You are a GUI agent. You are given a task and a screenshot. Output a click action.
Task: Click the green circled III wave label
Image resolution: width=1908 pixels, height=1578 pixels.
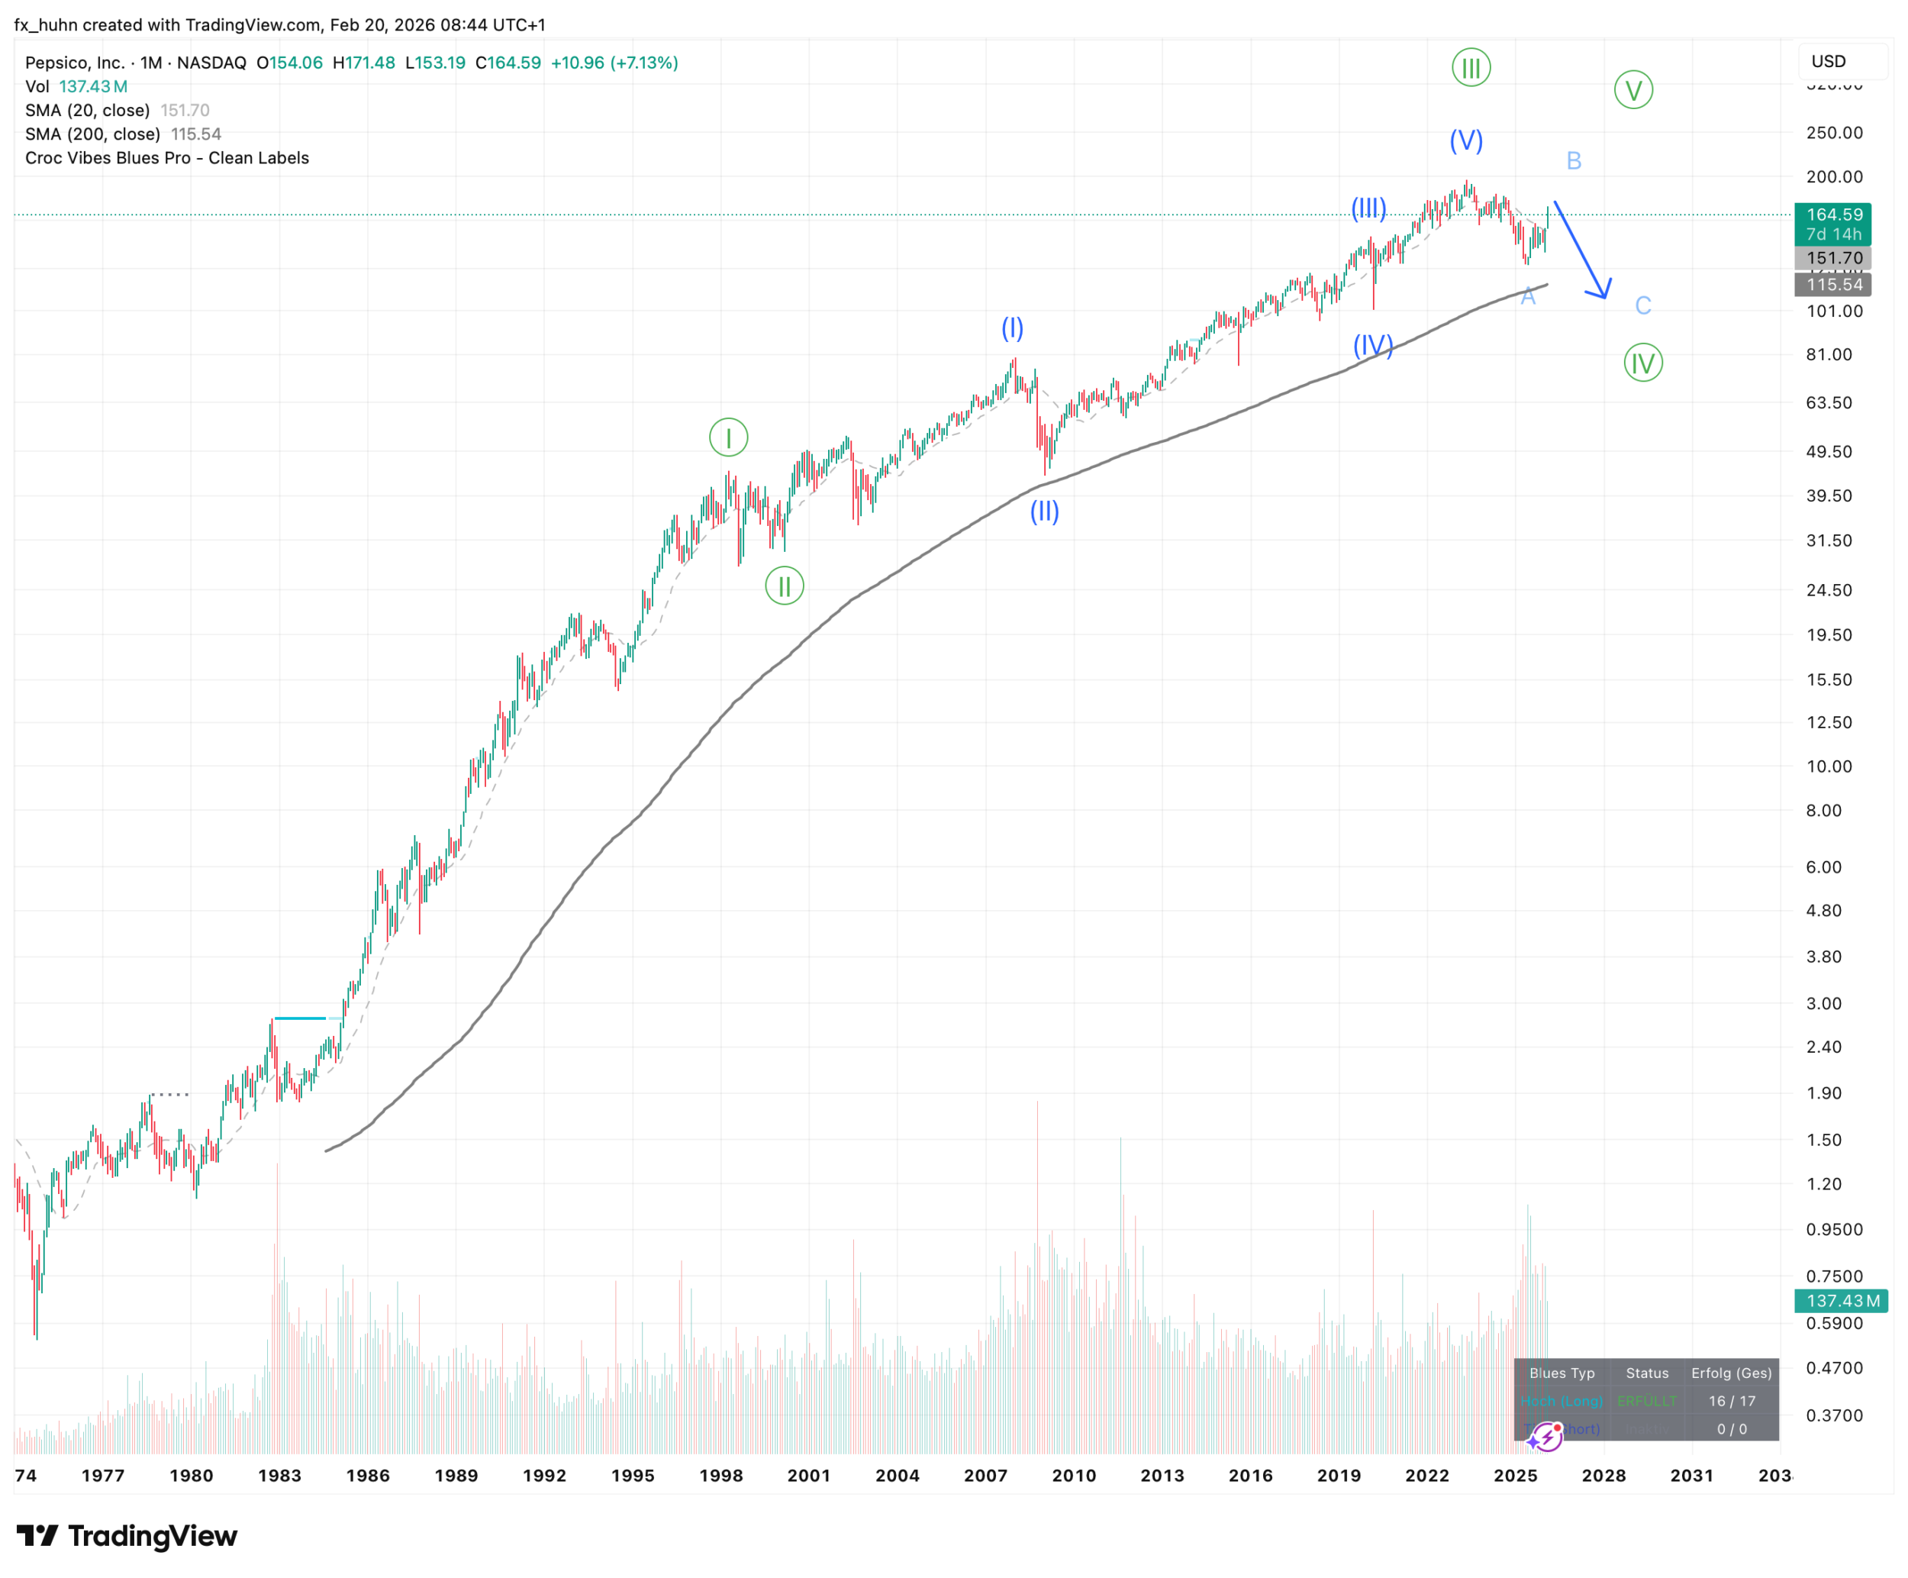pos(1470,67)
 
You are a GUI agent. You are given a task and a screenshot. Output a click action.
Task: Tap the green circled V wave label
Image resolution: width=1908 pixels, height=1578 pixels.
pos(1632,90)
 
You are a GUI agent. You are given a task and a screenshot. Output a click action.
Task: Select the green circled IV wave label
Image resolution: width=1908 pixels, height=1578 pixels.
pos(1642,363)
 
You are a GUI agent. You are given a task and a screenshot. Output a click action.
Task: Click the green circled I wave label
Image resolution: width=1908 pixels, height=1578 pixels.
pos(728,437)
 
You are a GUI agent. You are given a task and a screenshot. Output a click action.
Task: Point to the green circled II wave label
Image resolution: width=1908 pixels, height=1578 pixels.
pos(784,586)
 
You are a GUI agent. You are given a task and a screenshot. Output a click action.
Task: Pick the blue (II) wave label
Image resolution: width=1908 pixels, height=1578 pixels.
pos(1044,511)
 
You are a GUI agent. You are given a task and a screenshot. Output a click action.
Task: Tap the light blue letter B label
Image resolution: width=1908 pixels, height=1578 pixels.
pos(1574,161)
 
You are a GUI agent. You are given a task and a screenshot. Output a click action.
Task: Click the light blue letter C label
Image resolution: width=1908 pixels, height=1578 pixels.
pos(1642,305)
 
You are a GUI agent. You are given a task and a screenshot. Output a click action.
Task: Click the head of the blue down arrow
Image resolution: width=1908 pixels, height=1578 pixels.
pos(1603,292)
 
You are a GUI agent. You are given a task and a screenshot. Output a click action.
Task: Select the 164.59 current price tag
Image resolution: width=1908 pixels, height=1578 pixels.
pos(1833,215)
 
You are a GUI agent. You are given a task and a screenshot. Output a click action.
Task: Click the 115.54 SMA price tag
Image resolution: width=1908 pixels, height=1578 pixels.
pos(1833,285)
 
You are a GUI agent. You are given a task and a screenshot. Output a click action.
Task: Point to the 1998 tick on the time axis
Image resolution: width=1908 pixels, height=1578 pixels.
pos(720,1475)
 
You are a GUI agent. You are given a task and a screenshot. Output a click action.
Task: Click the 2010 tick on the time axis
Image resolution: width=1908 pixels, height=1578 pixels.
pos(1074,1475)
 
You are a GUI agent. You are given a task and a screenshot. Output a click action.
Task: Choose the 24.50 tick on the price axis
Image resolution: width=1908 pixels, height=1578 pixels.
pos(1828,590)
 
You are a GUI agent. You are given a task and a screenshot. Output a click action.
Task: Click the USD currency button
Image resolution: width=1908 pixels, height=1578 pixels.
pos(1828,61)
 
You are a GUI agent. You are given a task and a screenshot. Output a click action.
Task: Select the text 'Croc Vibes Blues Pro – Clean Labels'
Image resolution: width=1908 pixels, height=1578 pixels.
pos(167,158)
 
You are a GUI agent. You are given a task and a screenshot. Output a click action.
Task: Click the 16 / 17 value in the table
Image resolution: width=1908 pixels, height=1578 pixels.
pos(1731,1401)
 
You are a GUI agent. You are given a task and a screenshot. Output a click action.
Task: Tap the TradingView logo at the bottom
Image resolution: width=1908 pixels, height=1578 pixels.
pos(127,1536)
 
